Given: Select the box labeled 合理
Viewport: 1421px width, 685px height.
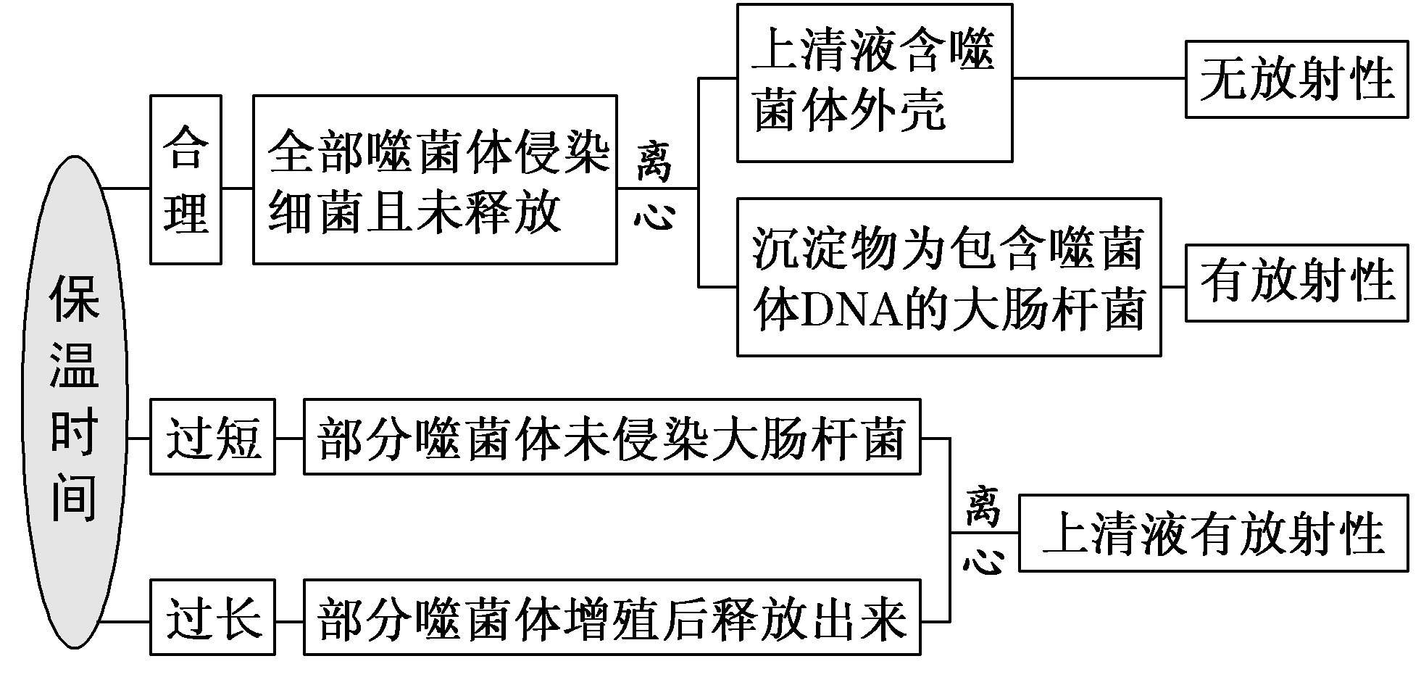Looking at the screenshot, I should pyautogui.click(x=186, y=180).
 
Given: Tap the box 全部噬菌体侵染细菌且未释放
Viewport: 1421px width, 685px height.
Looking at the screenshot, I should pyautogui.click(x=435, y=180).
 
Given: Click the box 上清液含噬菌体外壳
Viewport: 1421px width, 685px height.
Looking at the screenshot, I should pyautogui.click(x=874, y=83).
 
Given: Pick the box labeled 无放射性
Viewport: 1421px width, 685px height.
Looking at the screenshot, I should pyautogui.click(x=1296, y=79).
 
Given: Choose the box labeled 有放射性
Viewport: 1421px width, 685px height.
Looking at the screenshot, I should pyautogui.click(x=1296, y=283).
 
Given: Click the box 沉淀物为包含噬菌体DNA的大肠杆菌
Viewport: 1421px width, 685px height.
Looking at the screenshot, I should pyautogui.click(x=949, y=277).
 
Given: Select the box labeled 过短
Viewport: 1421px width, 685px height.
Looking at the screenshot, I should pyautogui.click(x=212, y=437).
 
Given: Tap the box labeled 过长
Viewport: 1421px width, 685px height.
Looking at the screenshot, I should pyautogui.click(x=212, y=618).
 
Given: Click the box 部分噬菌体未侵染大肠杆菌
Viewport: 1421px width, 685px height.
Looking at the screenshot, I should pyautogui.click(x=612, y=437).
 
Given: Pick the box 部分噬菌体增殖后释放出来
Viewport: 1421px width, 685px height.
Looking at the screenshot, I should pyautogui.click(x=612, y=618).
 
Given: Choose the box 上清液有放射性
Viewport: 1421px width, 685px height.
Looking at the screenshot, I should pyautogui.click(x=1213, y=533).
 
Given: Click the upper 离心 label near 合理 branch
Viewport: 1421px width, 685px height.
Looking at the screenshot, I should pyautogui.click(x=655, y=187).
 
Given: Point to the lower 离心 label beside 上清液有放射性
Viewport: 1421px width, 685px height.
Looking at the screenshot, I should pyautogui.click(x=983, y=531).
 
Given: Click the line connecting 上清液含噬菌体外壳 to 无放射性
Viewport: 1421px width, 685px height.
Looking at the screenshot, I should pyautogui.click(x=1098, y=78).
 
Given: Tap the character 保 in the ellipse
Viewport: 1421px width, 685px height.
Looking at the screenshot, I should pyautogui.click(x=75, y=301).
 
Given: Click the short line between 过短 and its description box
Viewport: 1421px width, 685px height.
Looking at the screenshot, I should pyautogui.click(x=289, y=438).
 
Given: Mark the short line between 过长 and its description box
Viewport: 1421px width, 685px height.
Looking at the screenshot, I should pyautogui.click(x=289, y=621).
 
